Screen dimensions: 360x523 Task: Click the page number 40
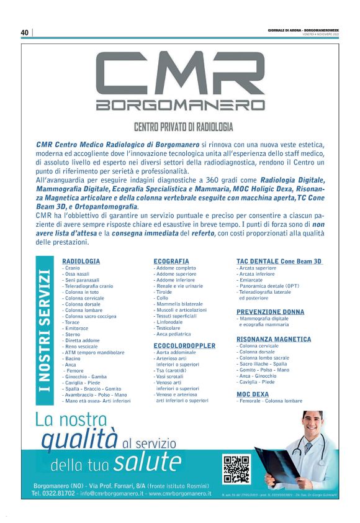[x=25, y=32]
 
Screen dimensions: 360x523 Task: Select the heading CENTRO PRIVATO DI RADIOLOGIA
[x=184, y=126]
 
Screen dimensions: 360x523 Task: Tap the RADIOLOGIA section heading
[x=81, y=261]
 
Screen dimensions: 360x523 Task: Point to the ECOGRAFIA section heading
[x=171, y=261]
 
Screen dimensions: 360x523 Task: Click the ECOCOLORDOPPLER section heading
[x=184, y=345]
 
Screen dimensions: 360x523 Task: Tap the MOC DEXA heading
[x=253, y=394]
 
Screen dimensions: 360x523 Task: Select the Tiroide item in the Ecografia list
[x=164, y=291]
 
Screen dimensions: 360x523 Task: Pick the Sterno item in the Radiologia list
[x=73, y=334]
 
